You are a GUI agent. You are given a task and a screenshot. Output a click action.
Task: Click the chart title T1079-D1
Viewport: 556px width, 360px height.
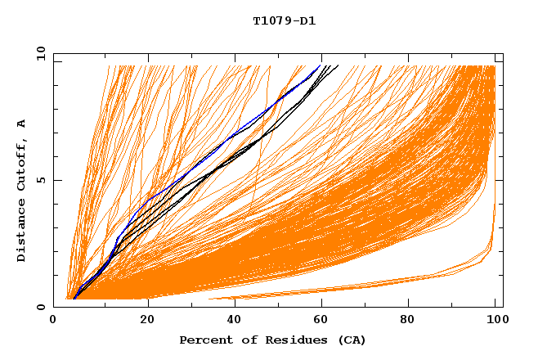click(284, 21)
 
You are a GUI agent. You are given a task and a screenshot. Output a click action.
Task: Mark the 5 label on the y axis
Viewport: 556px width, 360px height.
click(40, 180)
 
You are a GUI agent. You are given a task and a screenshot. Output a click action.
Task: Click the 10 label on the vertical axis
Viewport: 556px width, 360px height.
click(38, 54)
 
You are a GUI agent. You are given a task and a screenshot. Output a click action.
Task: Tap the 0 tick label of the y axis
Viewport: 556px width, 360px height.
click(40, 307)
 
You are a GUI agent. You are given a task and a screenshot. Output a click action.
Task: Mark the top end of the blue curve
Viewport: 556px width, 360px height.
click(321, 65)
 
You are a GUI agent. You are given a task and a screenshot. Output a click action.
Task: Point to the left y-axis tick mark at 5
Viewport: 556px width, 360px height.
click(56, 180)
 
